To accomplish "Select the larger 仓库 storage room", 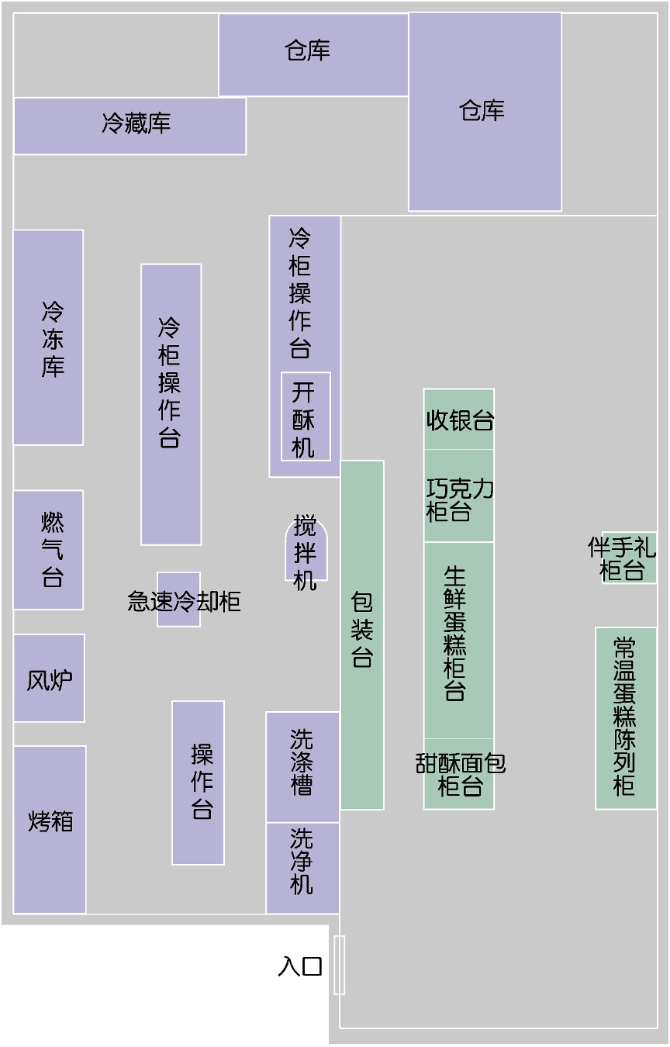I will pyautogui.click(x=485, y=112).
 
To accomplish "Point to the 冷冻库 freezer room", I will pyautogui.click(x=48, y=337).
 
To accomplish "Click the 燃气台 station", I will pyautogui.click(x=48, y=549).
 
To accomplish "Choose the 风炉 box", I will pyautogui.click(x=49, y=679).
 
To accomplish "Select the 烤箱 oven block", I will pyautogui.click(x=50, y=829).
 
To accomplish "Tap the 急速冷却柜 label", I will pyautogui.click(x=183, y=601).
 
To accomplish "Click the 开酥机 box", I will pyautogui.click(x=306, y=417).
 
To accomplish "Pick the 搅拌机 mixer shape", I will pyautogui.click(x=306, y=551).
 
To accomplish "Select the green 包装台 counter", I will pyautogui.click(x=362, y=634).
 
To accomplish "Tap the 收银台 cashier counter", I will pyautogui.click(x=459, y=420).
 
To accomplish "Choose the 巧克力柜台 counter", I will pyautogui.click(x=459, y=496).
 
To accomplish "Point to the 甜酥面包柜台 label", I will pyautogui.click(x=460, y=774).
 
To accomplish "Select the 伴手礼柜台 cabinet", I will pyautogui.click(x=629, y=558).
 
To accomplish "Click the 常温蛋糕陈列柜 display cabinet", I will pyautogui.click(x=626, y=717).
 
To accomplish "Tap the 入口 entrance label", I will pyautogui.click(x=300, y=966).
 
